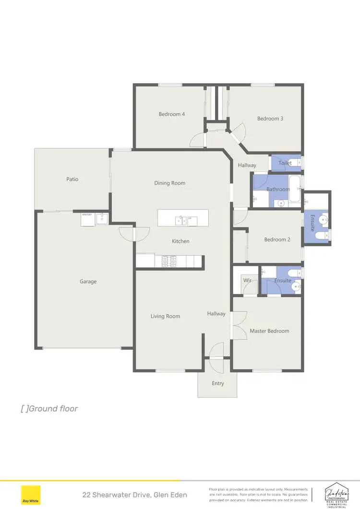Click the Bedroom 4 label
[x=172, y=114]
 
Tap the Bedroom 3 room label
[x=270, y=118]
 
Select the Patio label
[x=72, y=179]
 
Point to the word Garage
[x=88, y=282]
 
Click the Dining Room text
[x=169, y=183]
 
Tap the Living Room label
[x=165, y=316]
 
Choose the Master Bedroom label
[x=269, y=331]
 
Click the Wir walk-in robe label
[x=248, y=280]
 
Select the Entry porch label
[x=218, y=383]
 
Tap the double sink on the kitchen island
[x=181, y=221]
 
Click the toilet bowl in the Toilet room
[x=296, y=163]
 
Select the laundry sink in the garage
[x=101, y=219]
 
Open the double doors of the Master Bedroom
[x=239, y=325]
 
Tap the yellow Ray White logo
[x=31, y=495]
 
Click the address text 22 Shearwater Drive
[x=134, y=495]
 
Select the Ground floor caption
[x=49, y=409]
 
